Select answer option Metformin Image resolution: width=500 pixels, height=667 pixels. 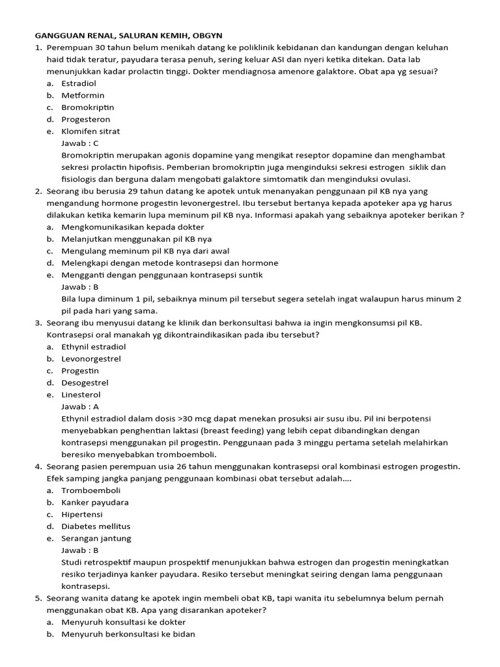pyautogui.click(x=83, y=95)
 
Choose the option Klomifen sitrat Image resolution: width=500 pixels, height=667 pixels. pyautogui.click(x=90, y=131)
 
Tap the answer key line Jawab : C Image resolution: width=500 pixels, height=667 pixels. pyautogui.click(x=79, y=143)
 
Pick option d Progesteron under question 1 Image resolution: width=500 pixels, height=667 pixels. pyautogui.click(x=85, y=119)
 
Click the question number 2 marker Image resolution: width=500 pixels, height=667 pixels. pyautogui.click(x=38, y=191)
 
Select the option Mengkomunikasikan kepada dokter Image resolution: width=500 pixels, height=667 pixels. pyautogui.click(x=132, y=227)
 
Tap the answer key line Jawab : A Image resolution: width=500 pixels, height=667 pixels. pyautogui.click(x=79, y=406)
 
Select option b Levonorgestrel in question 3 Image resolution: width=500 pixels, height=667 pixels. pyautogui.click(x=91, y=359)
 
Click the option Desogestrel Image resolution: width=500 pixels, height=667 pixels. pyautogui.click(x=85, y=382)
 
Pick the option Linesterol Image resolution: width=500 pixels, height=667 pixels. pyautogui.click(x=81, y=395)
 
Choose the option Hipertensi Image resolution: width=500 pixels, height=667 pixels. pyautogui.click(x=83, y=514)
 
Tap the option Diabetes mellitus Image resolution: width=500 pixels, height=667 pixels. pyautogui.click(x=96, y=526)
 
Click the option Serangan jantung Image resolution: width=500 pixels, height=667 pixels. pyautogui.click(x=96, y=538)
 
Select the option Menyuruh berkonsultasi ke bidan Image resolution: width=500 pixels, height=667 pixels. pyautogui.click(x=128, y=634)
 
